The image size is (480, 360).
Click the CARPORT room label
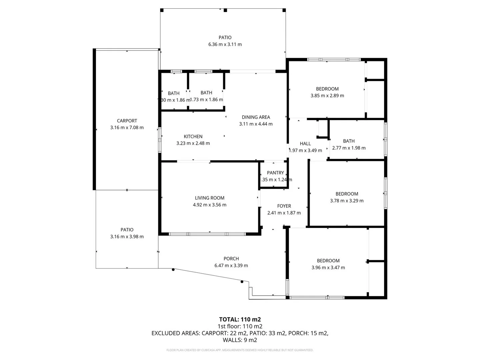(x=127, y=121)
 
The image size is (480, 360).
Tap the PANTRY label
(x=275, y=173)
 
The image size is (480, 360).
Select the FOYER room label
(x=284, y=206)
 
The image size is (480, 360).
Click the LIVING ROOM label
(x=209, y=198)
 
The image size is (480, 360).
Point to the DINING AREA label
(x=256, y=117)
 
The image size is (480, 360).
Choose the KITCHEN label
(x=193, y=136)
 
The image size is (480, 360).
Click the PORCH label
(x=231, y=259)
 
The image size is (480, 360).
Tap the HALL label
(x=305, y=144)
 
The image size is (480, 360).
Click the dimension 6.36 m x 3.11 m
(x=225, y=44)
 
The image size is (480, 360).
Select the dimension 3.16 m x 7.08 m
(x=127, y=128)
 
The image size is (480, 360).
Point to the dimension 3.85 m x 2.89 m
(x=327, y=96)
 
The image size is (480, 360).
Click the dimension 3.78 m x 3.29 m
(x=347, y=201)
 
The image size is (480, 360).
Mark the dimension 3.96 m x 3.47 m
(x=328, y=268)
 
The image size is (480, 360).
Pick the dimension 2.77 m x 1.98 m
(x=349, y=148)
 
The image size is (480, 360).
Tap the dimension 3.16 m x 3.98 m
(x=127, y=237)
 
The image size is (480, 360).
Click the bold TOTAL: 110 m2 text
(x=240, y=319)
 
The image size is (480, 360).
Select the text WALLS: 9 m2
(x=240, y=340)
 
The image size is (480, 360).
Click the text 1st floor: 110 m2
(x=240, y=326)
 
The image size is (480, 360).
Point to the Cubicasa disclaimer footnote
(x=240, y=350)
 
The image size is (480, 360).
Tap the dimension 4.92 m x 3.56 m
(x=209, y=205)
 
